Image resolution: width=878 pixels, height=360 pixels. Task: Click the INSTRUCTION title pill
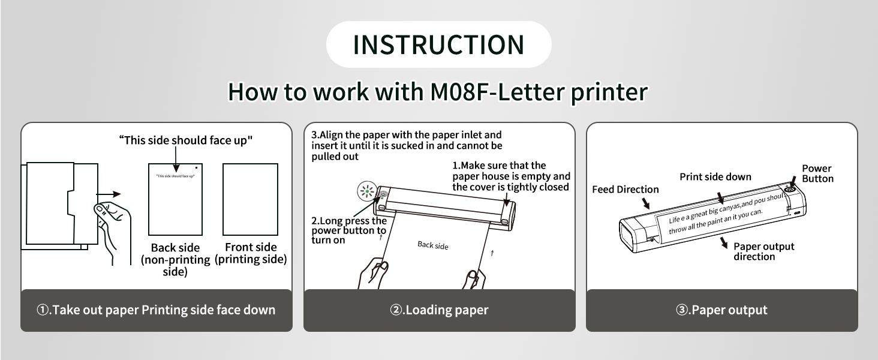coord(438,44)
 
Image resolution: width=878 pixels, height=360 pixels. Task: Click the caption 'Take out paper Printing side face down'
coord(156,310)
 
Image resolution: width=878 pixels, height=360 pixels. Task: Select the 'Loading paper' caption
coord(439,310)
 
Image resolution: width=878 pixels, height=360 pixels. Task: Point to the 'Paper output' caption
coord(721,310)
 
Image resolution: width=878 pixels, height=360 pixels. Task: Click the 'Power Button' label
coord(817,173)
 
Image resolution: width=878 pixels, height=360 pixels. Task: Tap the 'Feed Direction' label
coord(625,190)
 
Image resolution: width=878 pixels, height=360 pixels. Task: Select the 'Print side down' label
coord(715,177)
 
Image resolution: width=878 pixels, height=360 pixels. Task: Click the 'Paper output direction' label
coord(763,251)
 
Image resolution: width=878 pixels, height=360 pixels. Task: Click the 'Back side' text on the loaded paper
coord(433,245)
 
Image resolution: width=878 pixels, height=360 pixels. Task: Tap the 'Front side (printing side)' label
coord(251,253)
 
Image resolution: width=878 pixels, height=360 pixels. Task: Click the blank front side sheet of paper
coord(250,199)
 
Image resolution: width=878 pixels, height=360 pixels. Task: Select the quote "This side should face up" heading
coord(185,140)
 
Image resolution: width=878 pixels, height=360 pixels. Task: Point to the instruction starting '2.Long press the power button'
coord(348,230)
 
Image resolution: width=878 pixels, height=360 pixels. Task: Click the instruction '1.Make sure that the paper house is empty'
coord(511,176)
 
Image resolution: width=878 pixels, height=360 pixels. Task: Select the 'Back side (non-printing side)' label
coord(175,259)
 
